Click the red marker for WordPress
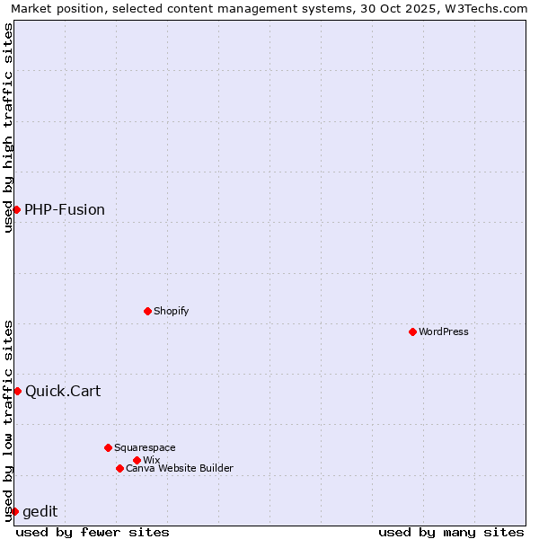[412, 331]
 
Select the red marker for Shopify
[147, 311]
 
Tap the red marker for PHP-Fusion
[16, 209]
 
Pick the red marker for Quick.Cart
[17, 391]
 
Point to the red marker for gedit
[14, 511]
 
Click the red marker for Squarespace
[108, 447]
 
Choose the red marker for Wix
[137, 460]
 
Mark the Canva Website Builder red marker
[119, 468]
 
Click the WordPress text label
[444, 331]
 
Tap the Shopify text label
[171, 311]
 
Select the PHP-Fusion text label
[65, 209]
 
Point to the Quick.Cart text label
[63, 391]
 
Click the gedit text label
[40, 511]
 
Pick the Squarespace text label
[145, 447]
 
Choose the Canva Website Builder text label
[180, 468]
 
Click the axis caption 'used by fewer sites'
[93, 532]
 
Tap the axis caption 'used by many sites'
[451, 532]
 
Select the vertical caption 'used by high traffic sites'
[8, 128]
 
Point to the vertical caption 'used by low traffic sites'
[8, 420]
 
